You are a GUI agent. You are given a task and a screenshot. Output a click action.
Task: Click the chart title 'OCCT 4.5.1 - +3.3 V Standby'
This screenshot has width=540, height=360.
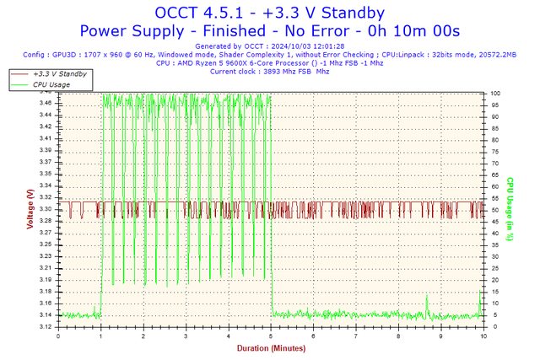(x=269, y=13)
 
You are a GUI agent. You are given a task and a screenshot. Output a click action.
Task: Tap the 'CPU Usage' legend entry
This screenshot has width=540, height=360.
(x=51, y=84)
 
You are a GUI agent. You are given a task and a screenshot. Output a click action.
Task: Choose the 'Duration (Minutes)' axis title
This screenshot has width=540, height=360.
(x=270, y=347)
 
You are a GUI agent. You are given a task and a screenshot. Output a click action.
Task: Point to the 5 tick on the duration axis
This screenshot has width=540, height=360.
(x=271, y=336)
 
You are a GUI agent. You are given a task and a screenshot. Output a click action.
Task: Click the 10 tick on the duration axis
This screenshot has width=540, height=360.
(x=483, y=336)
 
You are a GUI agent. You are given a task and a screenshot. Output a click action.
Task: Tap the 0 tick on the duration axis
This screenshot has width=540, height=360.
(x=58, y=336)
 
